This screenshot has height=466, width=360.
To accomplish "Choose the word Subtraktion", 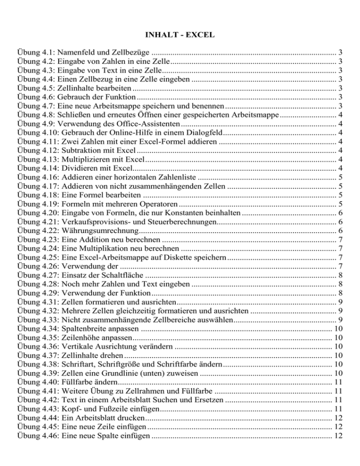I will pyautogui.click(x=79, y=151).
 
